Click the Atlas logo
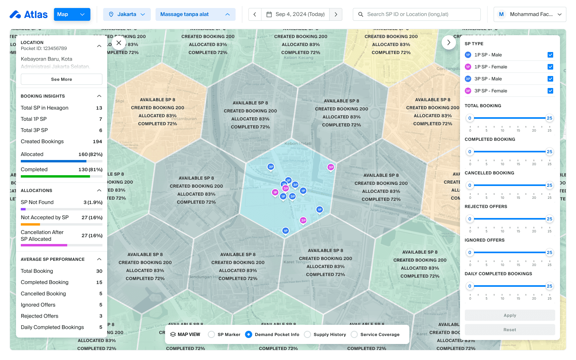tap(28, 14)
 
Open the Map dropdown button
tap(72, 14)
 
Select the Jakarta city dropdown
tap(127, 14)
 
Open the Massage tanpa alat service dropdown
tap(195, 14)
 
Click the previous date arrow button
tap(255, 14)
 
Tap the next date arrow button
tap(336, 14)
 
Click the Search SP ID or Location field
tap(417, 14)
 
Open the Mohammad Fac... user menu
tap(530, 14)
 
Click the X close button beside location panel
tap(119, 43)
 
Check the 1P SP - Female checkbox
tap(550, 67)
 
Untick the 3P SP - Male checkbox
tap(550, 79)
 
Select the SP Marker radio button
tap(212, 334)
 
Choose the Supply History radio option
tap(308, 334)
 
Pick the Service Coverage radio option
tap(354, 334)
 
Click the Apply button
tap(510, 315)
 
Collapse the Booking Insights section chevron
tap(99, 96)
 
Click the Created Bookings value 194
tap(97, 142)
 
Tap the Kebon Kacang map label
tap(298, 58)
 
